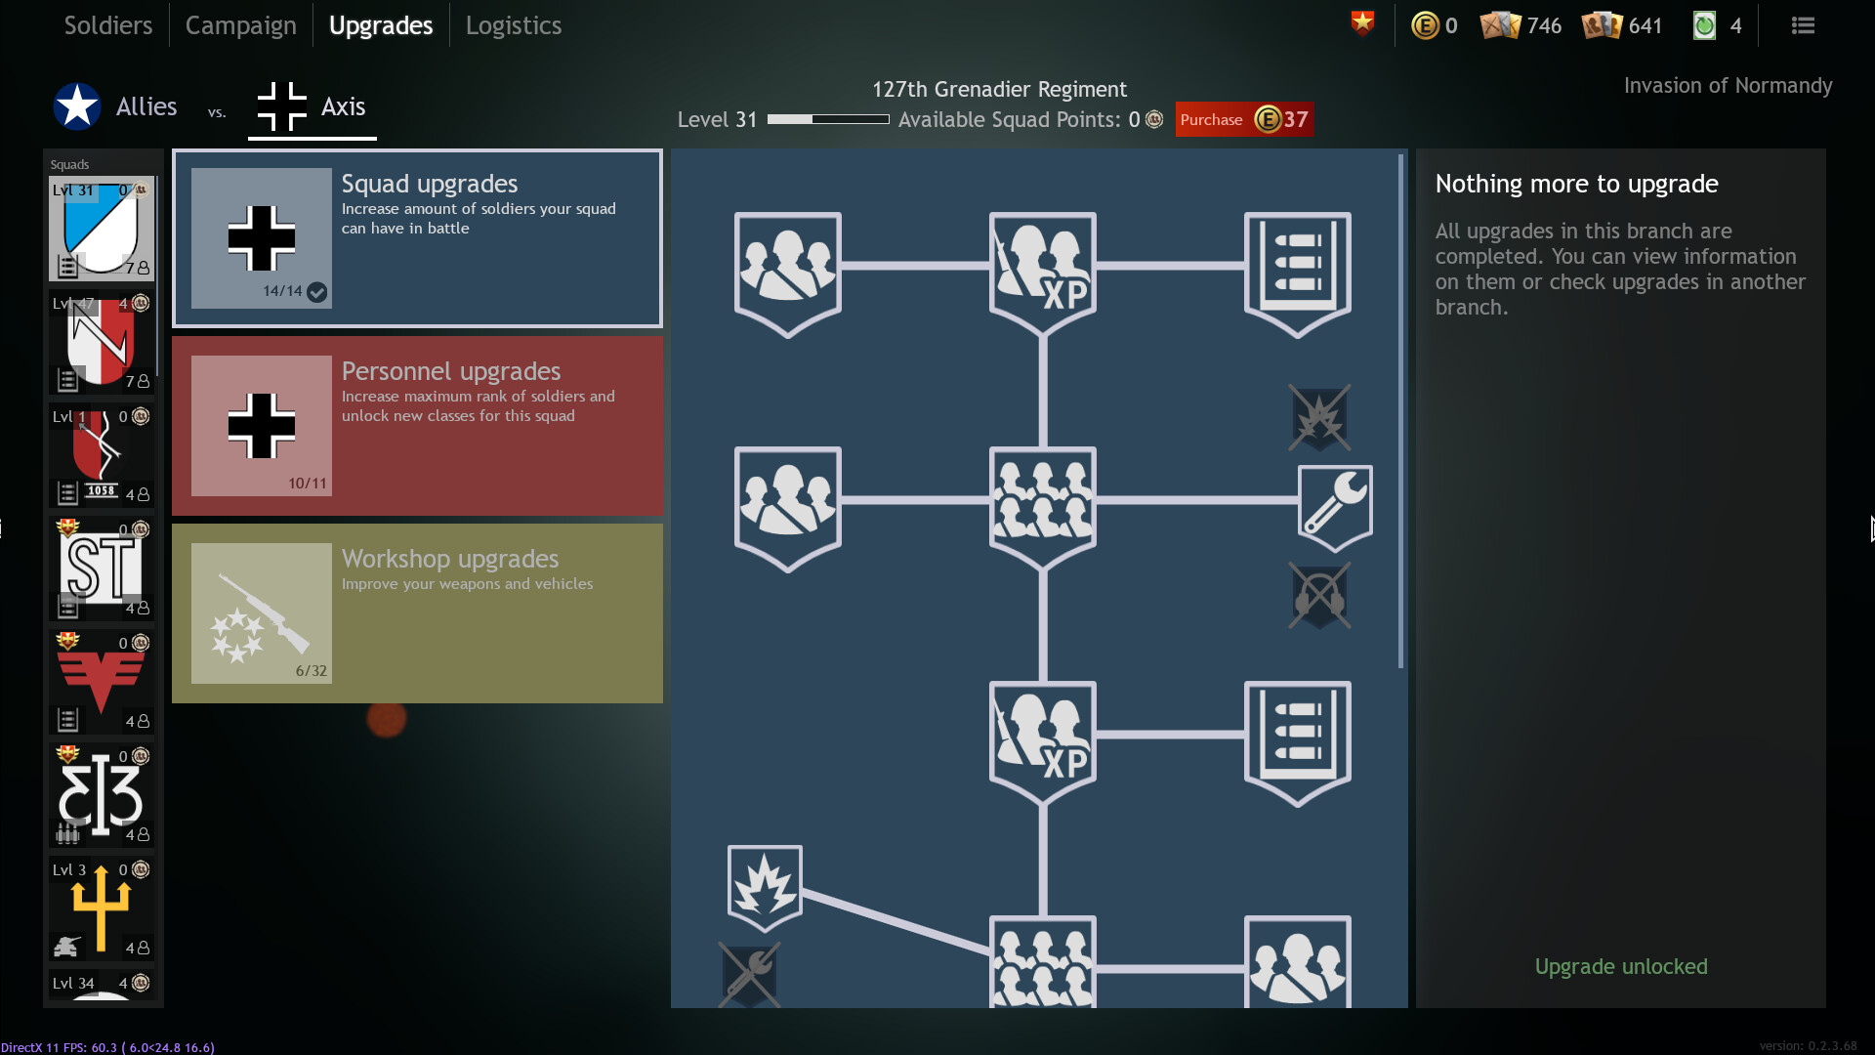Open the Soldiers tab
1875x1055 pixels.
click(x=107, y=25)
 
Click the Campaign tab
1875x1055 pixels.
click(x=240, y=25)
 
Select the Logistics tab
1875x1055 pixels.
click(x=513, y=25)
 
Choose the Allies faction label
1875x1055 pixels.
click(x=146, y=106)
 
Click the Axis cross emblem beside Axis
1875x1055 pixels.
click(x=281, y=106)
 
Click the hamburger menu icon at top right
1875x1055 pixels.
click(x=1803, y=25)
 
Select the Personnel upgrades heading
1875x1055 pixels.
click(x=451, y=371)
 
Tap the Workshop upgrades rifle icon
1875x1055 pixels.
click(x=261, y=613)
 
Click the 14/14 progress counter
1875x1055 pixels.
click(x=282, y=291)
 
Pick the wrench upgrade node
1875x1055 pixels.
click(x=1335, y=507)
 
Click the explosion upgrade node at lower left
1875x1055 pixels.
click(x=765, y=887)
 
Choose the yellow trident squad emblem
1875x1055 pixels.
click(x=101, y=907)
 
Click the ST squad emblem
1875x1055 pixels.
click(x=102, y=568)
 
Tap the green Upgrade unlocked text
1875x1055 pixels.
click(x=1621, y=966)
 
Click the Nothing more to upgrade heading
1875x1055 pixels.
click(x=1576, y=184)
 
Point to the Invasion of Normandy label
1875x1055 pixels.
click(x=1728, y=86)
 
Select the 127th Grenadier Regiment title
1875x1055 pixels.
click(x=999, y=89)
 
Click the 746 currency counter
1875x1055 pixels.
click(x=1544, y=25)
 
